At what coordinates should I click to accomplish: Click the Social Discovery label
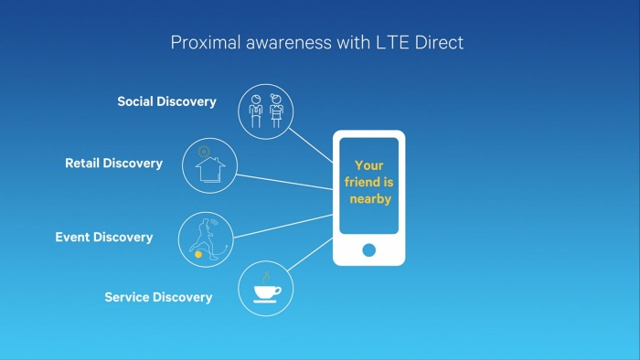click(x=166, y=101)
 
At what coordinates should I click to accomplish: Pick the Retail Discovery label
click(x=113, y=164)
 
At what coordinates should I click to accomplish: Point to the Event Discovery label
click(x=103, y=238)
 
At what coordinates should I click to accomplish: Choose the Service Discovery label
click(x=158, y=297)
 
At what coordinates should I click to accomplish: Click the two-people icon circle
click(x=266, y=111)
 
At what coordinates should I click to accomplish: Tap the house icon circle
click(x=209, y=165)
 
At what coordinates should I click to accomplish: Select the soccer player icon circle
click(x=206, y=239)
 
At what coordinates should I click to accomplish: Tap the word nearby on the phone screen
click(x=369, y=199)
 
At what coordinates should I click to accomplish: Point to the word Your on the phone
click(x=368, y=166)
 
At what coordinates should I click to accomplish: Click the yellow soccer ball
click(x=198, y=255)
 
